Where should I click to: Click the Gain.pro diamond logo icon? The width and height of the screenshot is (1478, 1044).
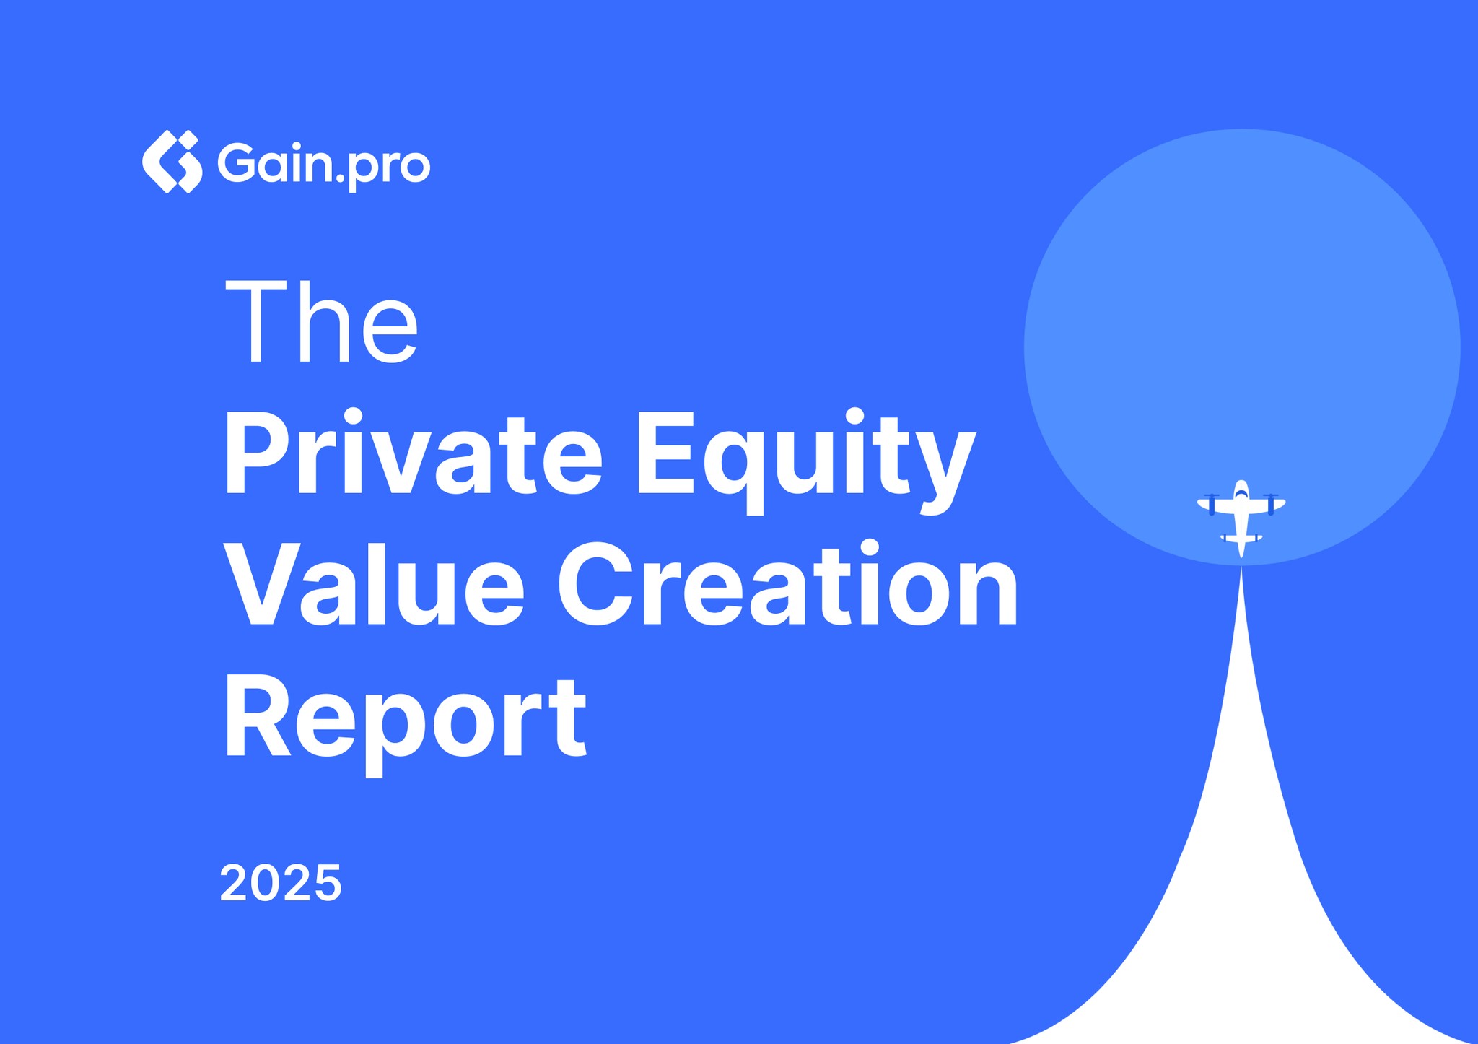tap(172, 162)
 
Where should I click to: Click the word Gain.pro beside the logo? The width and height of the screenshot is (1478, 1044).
tap(323, 164)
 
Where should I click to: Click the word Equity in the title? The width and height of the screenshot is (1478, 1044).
tap(805, 458)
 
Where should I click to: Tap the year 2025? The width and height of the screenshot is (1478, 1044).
tap(280, 883)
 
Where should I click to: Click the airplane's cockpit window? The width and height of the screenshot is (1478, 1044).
tap(1241, 495)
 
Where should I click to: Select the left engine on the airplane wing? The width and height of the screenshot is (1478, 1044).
tap(1212, 503)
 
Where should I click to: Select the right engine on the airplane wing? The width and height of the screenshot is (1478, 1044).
tap(1271, 503)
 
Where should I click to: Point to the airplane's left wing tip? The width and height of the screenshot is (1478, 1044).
tap(1201, 503)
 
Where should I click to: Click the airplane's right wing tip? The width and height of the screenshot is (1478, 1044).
tap(1282, 503)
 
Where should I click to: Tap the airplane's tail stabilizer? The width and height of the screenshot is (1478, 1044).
tap(1241, 538)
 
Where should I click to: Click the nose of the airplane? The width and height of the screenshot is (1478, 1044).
tap(1241, 483)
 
